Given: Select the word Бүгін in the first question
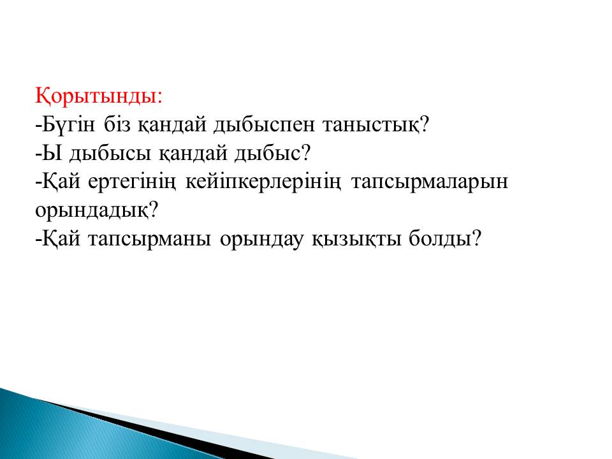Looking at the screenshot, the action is [68, 126].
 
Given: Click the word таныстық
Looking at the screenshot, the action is [371, 126].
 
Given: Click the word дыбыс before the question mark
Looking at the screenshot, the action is [268, 154].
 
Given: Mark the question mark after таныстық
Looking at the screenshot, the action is [425, 124].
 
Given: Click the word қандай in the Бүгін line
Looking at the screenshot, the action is [171, 125].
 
